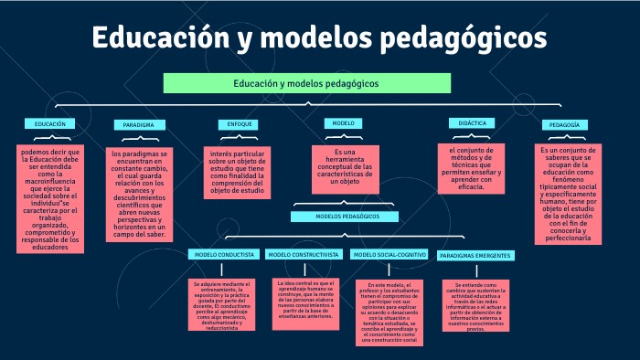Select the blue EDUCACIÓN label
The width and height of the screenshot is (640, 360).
[x=49, y=123]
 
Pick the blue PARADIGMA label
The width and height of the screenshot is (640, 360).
[x=139, y=124]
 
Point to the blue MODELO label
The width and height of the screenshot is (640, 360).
[x=343, y=122]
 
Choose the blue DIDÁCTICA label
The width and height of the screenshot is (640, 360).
[x=472, y=122]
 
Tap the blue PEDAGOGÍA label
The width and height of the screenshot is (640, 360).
[x=566, y=124]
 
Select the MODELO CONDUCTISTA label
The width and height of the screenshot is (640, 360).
[x=222, y=254]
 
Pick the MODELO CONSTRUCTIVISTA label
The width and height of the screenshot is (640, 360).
[x=305, y=254]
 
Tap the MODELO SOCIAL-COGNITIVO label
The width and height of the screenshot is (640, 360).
[x=389, y=254]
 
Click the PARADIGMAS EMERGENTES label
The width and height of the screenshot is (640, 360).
[x=475, y=255]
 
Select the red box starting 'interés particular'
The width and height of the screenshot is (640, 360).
[x=236, y=173]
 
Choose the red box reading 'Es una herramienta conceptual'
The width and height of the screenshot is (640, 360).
[x=343, y=166]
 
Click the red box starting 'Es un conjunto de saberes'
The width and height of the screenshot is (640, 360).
[x=567, y=193]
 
